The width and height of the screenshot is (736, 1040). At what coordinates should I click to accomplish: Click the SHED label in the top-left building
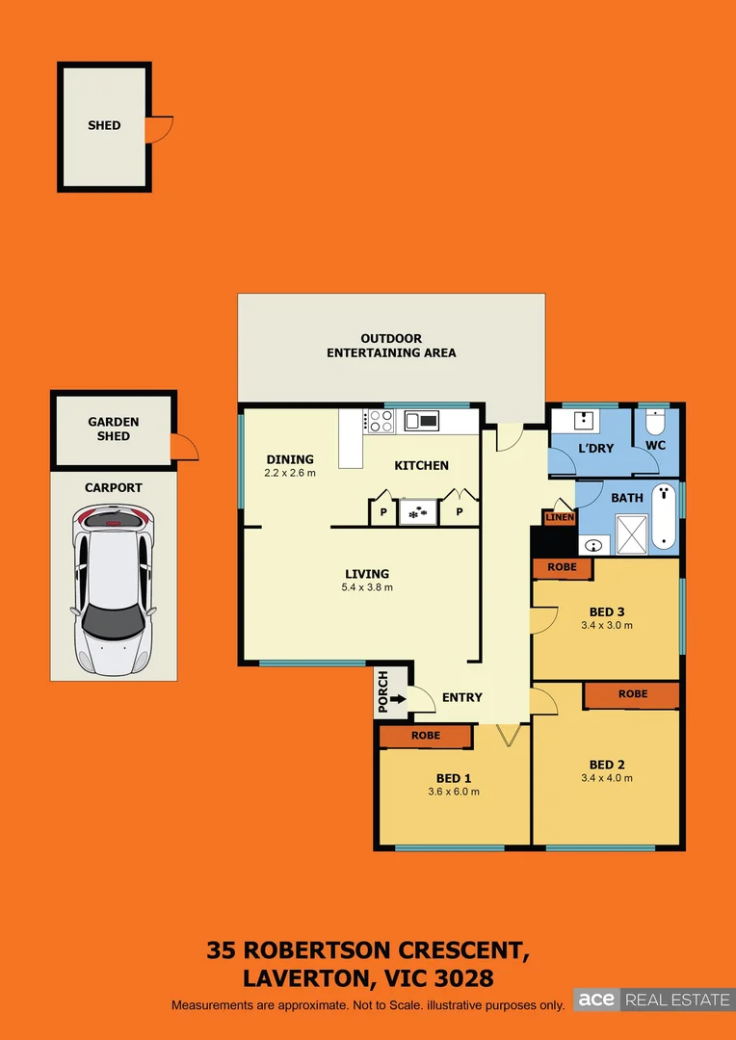[104, 125]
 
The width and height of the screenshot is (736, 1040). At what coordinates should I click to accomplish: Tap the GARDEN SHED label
[114, 429]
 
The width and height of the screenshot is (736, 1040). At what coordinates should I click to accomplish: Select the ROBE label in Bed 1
[426, 736]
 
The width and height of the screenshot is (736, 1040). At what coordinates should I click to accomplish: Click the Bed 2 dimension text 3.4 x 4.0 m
[607, 778]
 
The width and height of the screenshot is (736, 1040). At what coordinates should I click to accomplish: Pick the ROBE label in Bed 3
[562, 568]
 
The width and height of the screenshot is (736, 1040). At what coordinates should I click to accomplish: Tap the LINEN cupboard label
[560, 518]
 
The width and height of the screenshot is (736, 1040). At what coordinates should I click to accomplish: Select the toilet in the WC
[655, 424]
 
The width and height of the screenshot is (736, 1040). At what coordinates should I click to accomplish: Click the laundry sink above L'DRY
[584, 420]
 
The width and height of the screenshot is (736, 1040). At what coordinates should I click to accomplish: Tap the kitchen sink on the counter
[422, 420]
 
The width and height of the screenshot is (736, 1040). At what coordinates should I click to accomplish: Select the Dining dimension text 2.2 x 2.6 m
[290, 473]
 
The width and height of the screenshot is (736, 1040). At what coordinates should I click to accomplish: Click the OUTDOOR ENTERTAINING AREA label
[391, 346]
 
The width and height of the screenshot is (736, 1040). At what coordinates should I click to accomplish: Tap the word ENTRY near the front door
[462, 698]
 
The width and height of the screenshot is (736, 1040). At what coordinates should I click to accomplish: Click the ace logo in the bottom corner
[596, 1000]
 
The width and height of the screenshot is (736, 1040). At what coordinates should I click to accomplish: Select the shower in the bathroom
[632, 535]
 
